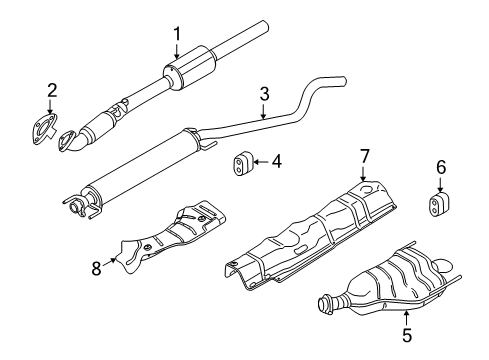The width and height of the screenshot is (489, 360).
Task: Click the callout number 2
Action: pos(52,93)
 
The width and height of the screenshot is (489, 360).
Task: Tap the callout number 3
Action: pos(264,94)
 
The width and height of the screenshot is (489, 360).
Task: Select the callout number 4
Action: pos(277,159)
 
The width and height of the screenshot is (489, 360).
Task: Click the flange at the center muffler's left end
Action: pos(74,206)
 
